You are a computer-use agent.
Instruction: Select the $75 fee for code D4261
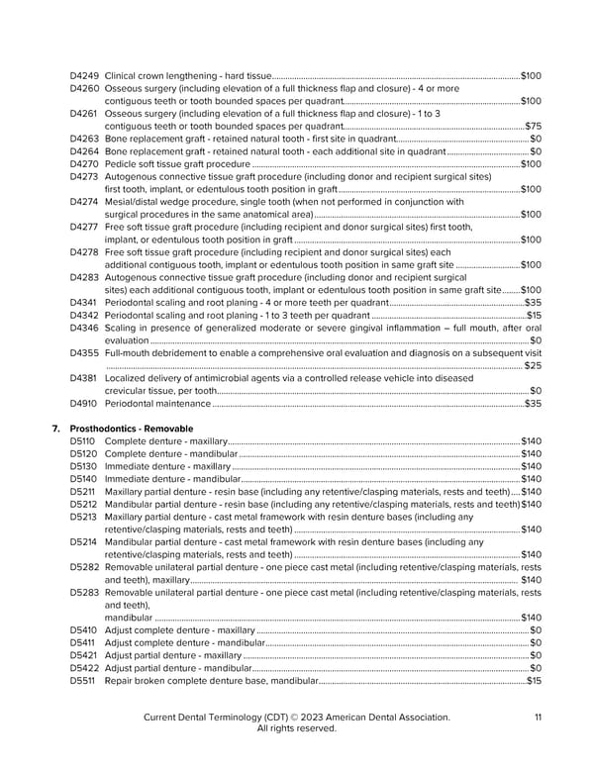pyautogui.click(x=533, y=126)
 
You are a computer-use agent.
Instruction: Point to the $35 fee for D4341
pyautogui.click(x=533, y=302)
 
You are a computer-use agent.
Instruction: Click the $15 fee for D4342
pyautogui.click(x=533, y=315)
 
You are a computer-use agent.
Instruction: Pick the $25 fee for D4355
pyautogui.click(x=532, y=366)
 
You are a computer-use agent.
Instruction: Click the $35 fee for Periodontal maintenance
pyautogui.click(x=533, y=403)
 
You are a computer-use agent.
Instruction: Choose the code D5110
pyautogui.click(x=83, y=440)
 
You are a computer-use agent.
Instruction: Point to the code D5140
pyautogui.click(x=83, y=479)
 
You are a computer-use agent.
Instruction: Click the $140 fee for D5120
pyautogui.click(x=531, y=453)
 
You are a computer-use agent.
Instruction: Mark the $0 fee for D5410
pyautogui.click(x=536, y=630)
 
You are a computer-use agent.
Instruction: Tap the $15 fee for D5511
pyautogui.click(x=534, y=681)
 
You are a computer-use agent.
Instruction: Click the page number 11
pyautogui.click(x=537, y=717)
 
